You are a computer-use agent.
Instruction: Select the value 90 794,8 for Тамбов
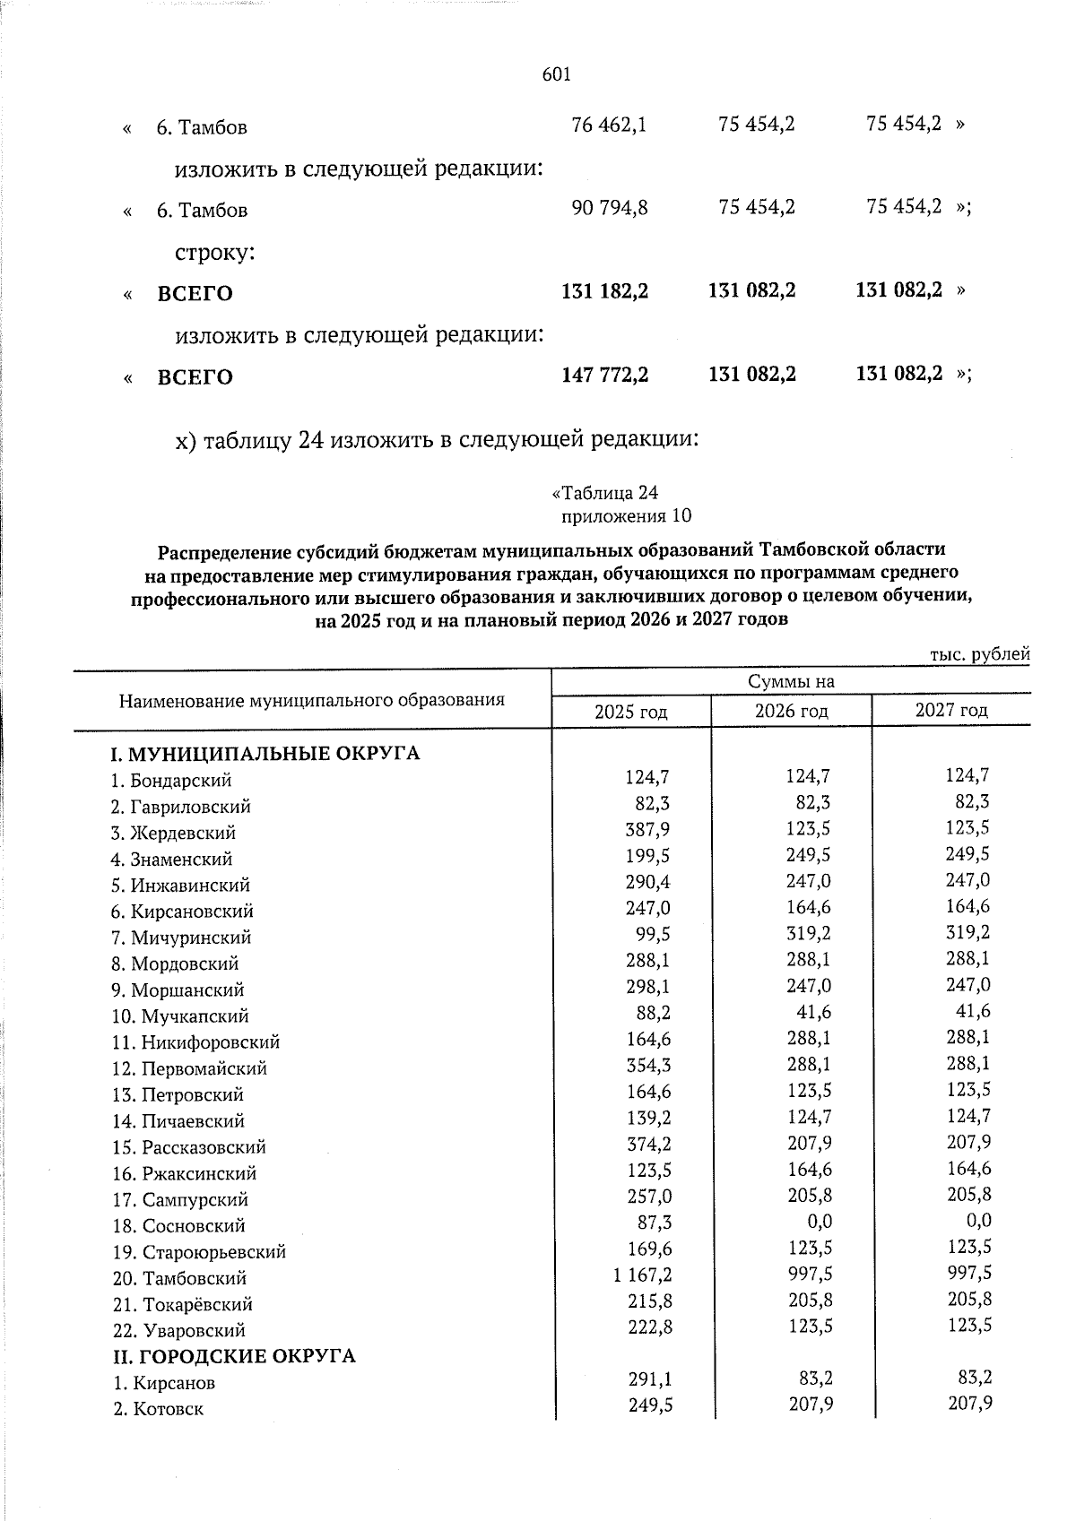[x=610, y=208]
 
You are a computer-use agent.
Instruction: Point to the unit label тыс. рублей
[x=979, y=655]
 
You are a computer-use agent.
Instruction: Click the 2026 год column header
[x=790, y=712]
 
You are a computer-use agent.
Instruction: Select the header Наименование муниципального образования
[x=311, y=700]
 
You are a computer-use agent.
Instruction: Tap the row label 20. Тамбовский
[x=179, y=1278]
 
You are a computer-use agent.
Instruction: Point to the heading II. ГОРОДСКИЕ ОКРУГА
[x=234, y=1356]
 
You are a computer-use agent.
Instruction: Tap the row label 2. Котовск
[x=159, y=1409]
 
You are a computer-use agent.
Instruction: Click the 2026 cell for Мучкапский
[x=813, y=1013]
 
